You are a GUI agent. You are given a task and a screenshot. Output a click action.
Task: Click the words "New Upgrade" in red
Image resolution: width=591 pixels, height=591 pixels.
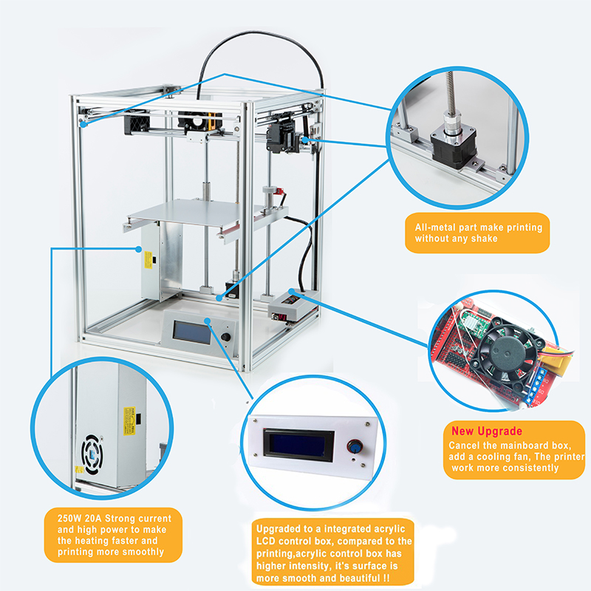[487, 431]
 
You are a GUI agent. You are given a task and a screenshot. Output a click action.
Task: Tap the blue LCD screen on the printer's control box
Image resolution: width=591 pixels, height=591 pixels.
[192, 332]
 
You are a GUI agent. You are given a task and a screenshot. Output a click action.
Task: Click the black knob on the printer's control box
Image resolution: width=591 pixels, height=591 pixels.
[225, 337]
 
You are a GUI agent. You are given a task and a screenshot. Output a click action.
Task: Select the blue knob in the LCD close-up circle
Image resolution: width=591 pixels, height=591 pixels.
[354, 447]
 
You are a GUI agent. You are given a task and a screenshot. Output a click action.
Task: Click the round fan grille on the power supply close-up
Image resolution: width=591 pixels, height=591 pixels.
[92, 454]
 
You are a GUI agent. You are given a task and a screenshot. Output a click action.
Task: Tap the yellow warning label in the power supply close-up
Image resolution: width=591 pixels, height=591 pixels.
[129, 421]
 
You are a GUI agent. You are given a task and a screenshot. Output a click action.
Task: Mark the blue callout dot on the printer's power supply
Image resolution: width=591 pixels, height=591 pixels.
[139, 249]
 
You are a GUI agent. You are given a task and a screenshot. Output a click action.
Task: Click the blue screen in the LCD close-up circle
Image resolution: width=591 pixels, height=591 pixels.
[298, 445]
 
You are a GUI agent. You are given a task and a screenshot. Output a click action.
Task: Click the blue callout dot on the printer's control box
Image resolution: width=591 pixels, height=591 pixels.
[208, 321]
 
